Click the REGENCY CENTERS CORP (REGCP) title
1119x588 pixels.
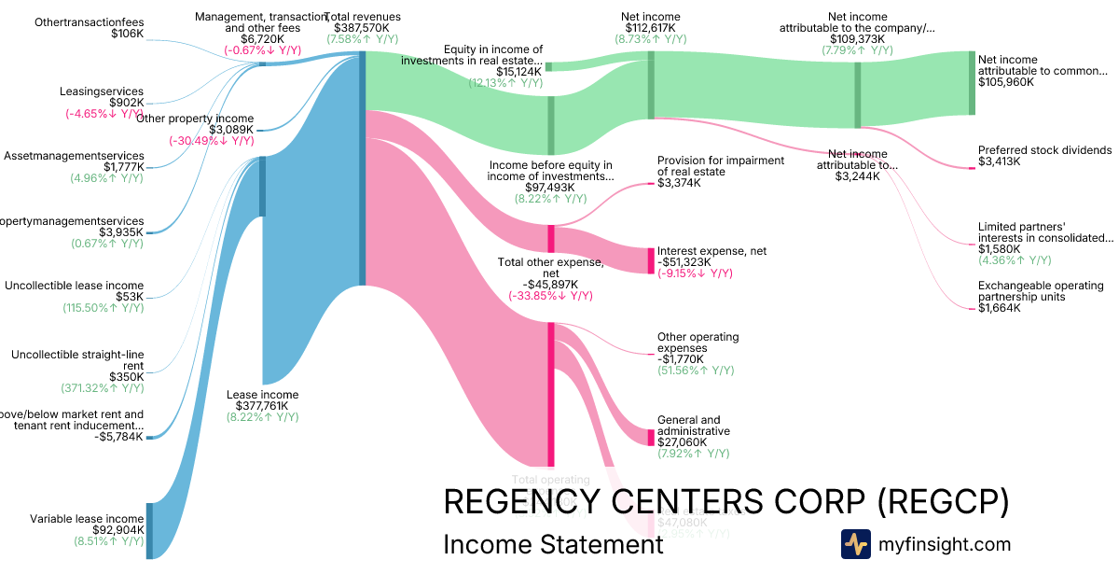click(x=725, y=501)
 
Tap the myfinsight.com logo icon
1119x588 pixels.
click(x=855, y=544)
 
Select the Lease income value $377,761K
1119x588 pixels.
click(x=262, y=406)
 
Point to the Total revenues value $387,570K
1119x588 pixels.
click(x=363, y=28)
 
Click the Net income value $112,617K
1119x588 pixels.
click(x=650, y=28)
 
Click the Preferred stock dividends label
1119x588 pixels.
click(x=1044, y=150)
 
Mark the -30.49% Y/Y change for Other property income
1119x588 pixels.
click(x=211, y=141)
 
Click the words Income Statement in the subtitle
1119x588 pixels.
click(x=553, y=544)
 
